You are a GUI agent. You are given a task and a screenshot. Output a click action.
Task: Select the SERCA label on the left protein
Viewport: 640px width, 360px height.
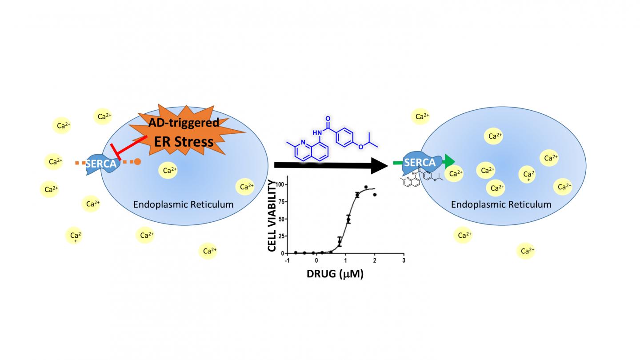point(100,164)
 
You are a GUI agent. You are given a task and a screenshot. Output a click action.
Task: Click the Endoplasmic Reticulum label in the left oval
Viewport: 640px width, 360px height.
point(184,204)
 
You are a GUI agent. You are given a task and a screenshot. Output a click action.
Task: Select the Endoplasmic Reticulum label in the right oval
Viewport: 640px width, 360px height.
point(501,204)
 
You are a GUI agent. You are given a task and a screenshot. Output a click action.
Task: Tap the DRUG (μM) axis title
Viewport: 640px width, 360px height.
point(335,274)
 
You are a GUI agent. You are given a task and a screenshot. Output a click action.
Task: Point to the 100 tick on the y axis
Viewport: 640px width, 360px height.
point(280,184)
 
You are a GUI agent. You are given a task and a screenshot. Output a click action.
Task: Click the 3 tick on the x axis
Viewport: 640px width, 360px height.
point(403,260)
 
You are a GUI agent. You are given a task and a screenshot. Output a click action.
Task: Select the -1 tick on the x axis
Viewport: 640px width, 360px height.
point(287,260)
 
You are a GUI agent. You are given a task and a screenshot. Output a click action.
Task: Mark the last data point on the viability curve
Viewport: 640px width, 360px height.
point(375,195)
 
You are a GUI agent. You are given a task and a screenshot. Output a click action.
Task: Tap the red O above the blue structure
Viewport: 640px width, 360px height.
point(328,119)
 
